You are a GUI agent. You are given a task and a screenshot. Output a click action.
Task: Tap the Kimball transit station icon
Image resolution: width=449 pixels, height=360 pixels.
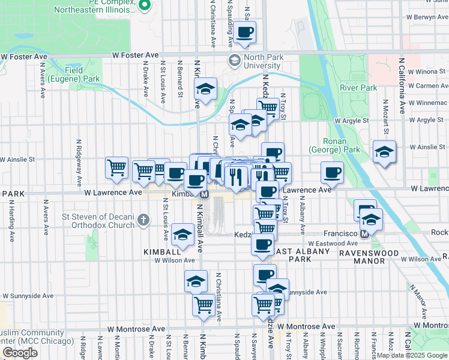coord(204,194)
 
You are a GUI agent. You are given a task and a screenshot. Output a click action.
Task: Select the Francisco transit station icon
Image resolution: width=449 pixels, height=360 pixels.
coord(364,233)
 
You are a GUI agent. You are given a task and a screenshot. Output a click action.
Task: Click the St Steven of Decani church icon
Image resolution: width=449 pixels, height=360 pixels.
coord(143,220)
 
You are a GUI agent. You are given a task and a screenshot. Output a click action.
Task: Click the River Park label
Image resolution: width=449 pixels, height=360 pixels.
coord(358,88)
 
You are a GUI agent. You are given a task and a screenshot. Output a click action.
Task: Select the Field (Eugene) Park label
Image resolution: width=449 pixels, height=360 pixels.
coord(82,74)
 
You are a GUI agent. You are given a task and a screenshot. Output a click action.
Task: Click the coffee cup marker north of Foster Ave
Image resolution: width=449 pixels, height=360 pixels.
coord(244,32)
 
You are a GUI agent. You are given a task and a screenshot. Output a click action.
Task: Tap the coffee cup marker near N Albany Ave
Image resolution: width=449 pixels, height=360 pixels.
coord(332,173)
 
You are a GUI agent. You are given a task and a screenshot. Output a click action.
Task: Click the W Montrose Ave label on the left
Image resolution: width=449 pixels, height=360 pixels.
coord(136,329)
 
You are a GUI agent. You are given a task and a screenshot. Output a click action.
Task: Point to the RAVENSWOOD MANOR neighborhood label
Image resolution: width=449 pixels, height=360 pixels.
coord(402,253)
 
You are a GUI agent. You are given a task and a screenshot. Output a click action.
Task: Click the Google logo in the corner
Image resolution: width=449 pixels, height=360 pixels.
coord(20,353)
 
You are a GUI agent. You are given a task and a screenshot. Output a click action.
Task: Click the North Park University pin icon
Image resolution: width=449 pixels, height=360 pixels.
coord(234,61)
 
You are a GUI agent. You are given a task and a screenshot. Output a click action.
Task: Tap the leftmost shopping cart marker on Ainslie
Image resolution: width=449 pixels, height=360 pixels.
coord(116,168)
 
